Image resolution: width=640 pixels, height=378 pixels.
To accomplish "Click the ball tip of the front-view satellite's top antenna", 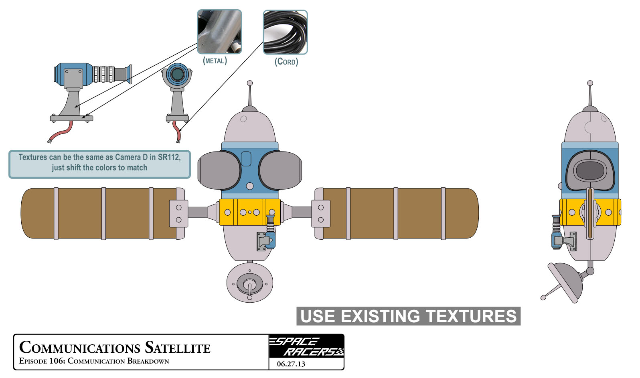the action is coord(250,83).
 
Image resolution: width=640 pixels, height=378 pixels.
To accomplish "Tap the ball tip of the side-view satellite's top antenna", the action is coord(590,83).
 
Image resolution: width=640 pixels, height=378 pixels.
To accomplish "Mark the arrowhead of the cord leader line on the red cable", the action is coord(180,130).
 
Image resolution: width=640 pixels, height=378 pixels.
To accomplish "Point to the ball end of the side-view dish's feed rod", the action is coord(543,297).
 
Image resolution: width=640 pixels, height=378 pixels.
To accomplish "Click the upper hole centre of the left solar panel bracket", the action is coord(178,208).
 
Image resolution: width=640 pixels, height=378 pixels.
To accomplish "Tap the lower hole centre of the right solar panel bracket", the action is coord(321,220).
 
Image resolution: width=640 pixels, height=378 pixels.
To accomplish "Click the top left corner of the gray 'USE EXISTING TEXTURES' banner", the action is coord(297,307).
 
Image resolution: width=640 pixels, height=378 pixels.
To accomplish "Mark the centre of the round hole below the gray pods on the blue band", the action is coord(250,186).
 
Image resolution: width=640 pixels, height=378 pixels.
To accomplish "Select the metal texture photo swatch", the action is coord(219,32).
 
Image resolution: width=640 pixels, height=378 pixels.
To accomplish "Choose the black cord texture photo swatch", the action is coord(285,32).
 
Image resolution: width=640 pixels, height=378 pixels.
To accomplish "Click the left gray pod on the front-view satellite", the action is coord(219,170).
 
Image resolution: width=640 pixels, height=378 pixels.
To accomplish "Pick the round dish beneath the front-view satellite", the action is coord(250,283).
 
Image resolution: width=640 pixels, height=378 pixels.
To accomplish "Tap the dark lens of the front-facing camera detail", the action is coord(177,74).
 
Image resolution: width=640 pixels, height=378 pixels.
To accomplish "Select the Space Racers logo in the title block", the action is coord(306,346).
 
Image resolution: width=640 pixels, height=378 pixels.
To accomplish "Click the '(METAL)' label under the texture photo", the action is coord(215,61).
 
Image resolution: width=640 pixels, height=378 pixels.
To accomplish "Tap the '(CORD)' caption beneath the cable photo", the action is coord(286,62).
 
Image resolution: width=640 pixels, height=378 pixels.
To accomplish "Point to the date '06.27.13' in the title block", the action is coord(291,364).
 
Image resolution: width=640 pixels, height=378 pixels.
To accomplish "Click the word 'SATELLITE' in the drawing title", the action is coord(177,348).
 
